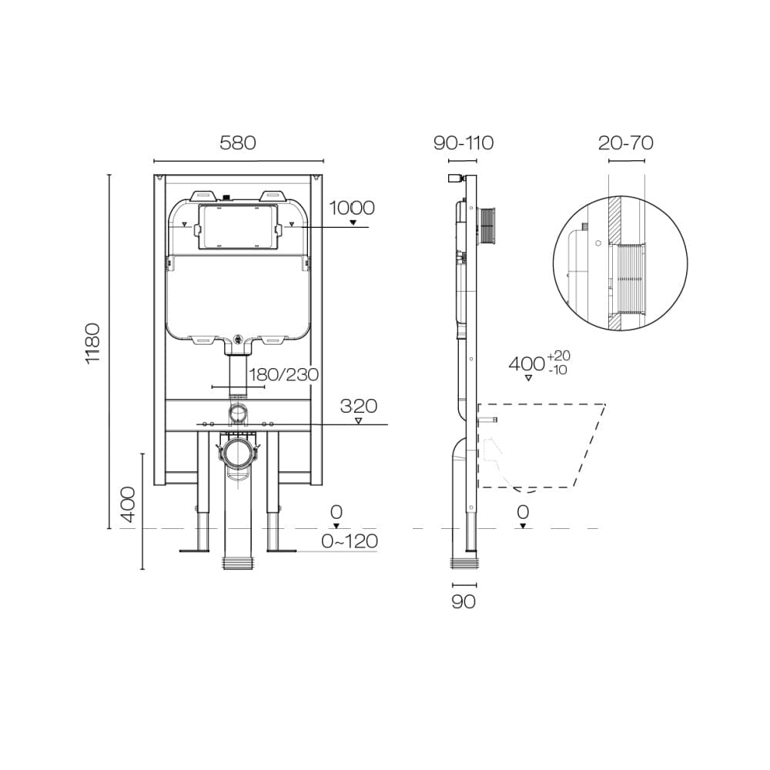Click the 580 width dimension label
coord(237,142)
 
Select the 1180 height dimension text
coord(92,343)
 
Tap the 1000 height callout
coord(352,208)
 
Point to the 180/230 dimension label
coord(283,374)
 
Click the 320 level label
coord(358,406)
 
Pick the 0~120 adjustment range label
coord(350,541)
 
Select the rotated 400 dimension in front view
coord(128,504)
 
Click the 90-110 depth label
coord(463,142)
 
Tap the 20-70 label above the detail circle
coord(625,142)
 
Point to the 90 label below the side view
coord(463,601)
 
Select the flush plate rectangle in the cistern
coord(236,227)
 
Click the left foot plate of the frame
coord(194,550)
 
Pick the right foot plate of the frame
coord(281,550)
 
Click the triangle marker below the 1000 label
coord(353,223)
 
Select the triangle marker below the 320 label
coord(358,420)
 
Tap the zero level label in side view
coord(523,511)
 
